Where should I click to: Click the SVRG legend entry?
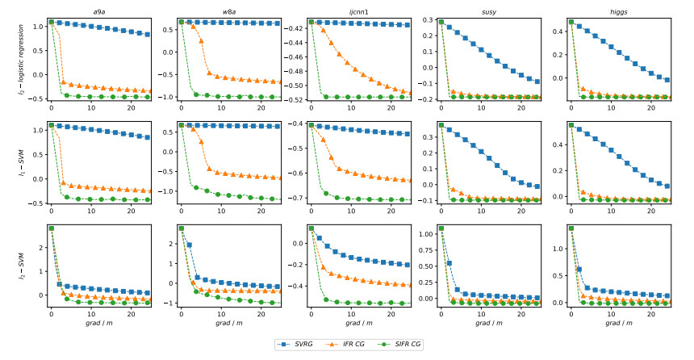tap(298, 344)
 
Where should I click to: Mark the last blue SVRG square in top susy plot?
tap(537, 82)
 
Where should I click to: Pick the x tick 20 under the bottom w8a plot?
tap(260, 313)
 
